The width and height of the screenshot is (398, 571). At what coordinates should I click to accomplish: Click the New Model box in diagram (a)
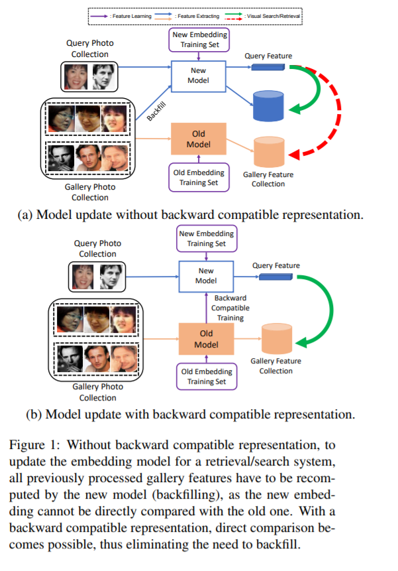[x=199, y=75]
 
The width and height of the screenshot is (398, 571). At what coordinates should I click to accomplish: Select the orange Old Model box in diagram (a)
[x=199, y=139]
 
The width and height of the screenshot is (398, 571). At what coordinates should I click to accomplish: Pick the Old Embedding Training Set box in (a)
[x=199, y=178]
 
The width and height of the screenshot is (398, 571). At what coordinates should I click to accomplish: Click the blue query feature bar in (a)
[x=269, y=66]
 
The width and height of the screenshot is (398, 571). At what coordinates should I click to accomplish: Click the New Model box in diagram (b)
[x=206, y=276]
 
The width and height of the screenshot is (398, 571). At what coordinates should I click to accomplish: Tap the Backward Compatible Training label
[x=230, y=308]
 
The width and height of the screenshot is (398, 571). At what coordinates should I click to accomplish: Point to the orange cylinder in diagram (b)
[x=275, y=338]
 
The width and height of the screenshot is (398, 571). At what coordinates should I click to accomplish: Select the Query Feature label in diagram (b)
[x=276, y=266]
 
